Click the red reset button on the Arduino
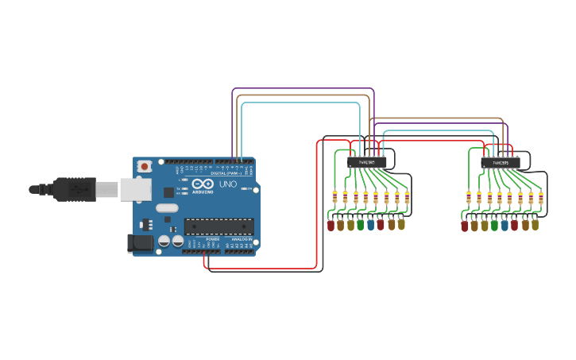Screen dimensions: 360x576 (x=144, y=166)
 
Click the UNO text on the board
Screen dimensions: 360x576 (x=228, y=184)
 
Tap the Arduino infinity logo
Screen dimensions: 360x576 (x=202, y=184)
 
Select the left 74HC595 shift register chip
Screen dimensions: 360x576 (x=367, y=162)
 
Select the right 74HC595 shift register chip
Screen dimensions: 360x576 (x=501, y=162)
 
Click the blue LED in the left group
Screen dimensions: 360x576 (x=370, y=225)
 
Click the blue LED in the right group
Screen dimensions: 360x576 (x=504, y=225)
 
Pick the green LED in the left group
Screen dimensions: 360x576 (x=361, y=225)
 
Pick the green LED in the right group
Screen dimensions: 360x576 (x=494, y=225)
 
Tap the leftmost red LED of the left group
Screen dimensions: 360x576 (x=331, y=225)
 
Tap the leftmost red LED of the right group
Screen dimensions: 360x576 (x=464, y=225)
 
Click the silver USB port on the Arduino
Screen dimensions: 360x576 (x=135, y=189)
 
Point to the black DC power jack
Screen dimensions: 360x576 (x=141, y=243)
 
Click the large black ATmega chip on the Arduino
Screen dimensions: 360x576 (x=218, y=226)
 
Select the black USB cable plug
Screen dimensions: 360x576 (x=75, y=189)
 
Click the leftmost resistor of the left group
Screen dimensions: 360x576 (x=334, y=198)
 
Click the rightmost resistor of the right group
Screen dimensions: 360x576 (x=540, y=198)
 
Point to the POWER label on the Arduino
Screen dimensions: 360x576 (x=213, y=238)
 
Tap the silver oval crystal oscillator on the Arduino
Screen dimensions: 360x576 (x=167, y=208)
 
